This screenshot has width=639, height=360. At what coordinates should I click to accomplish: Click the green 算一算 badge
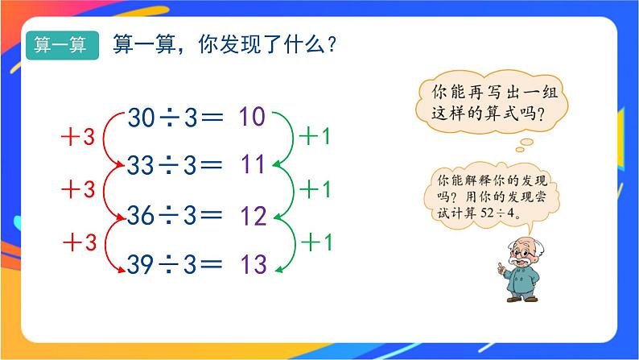[62, 45]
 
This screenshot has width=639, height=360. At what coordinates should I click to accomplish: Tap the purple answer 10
[251, 118]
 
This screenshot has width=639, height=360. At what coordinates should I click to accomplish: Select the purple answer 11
[252, 165]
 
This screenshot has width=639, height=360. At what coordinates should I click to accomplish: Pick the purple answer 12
[252, 215]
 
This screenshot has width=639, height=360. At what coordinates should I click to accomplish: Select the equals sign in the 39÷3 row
[210, 264]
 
